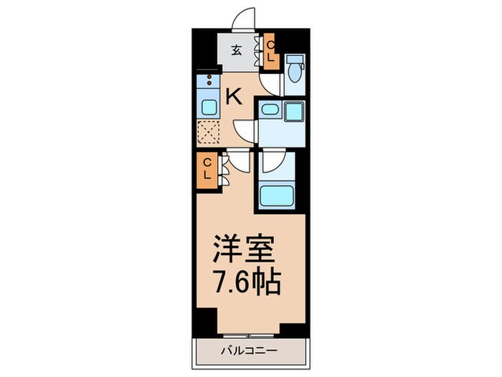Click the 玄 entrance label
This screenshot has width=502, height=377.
pyautogui.click(x=236, y=51)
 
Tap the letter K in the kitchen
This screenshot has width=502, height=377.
pyautogui.click(x=234, y=96)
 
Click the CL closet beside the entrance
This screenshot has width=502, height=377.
pyautogui.click(x=271, y=52)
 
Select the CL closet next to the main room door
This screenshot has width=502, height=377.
pyautogui.click(x=206, y=169)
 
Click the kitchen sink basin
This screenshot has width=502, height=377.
pyautogui.click(x=207, y=108)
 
